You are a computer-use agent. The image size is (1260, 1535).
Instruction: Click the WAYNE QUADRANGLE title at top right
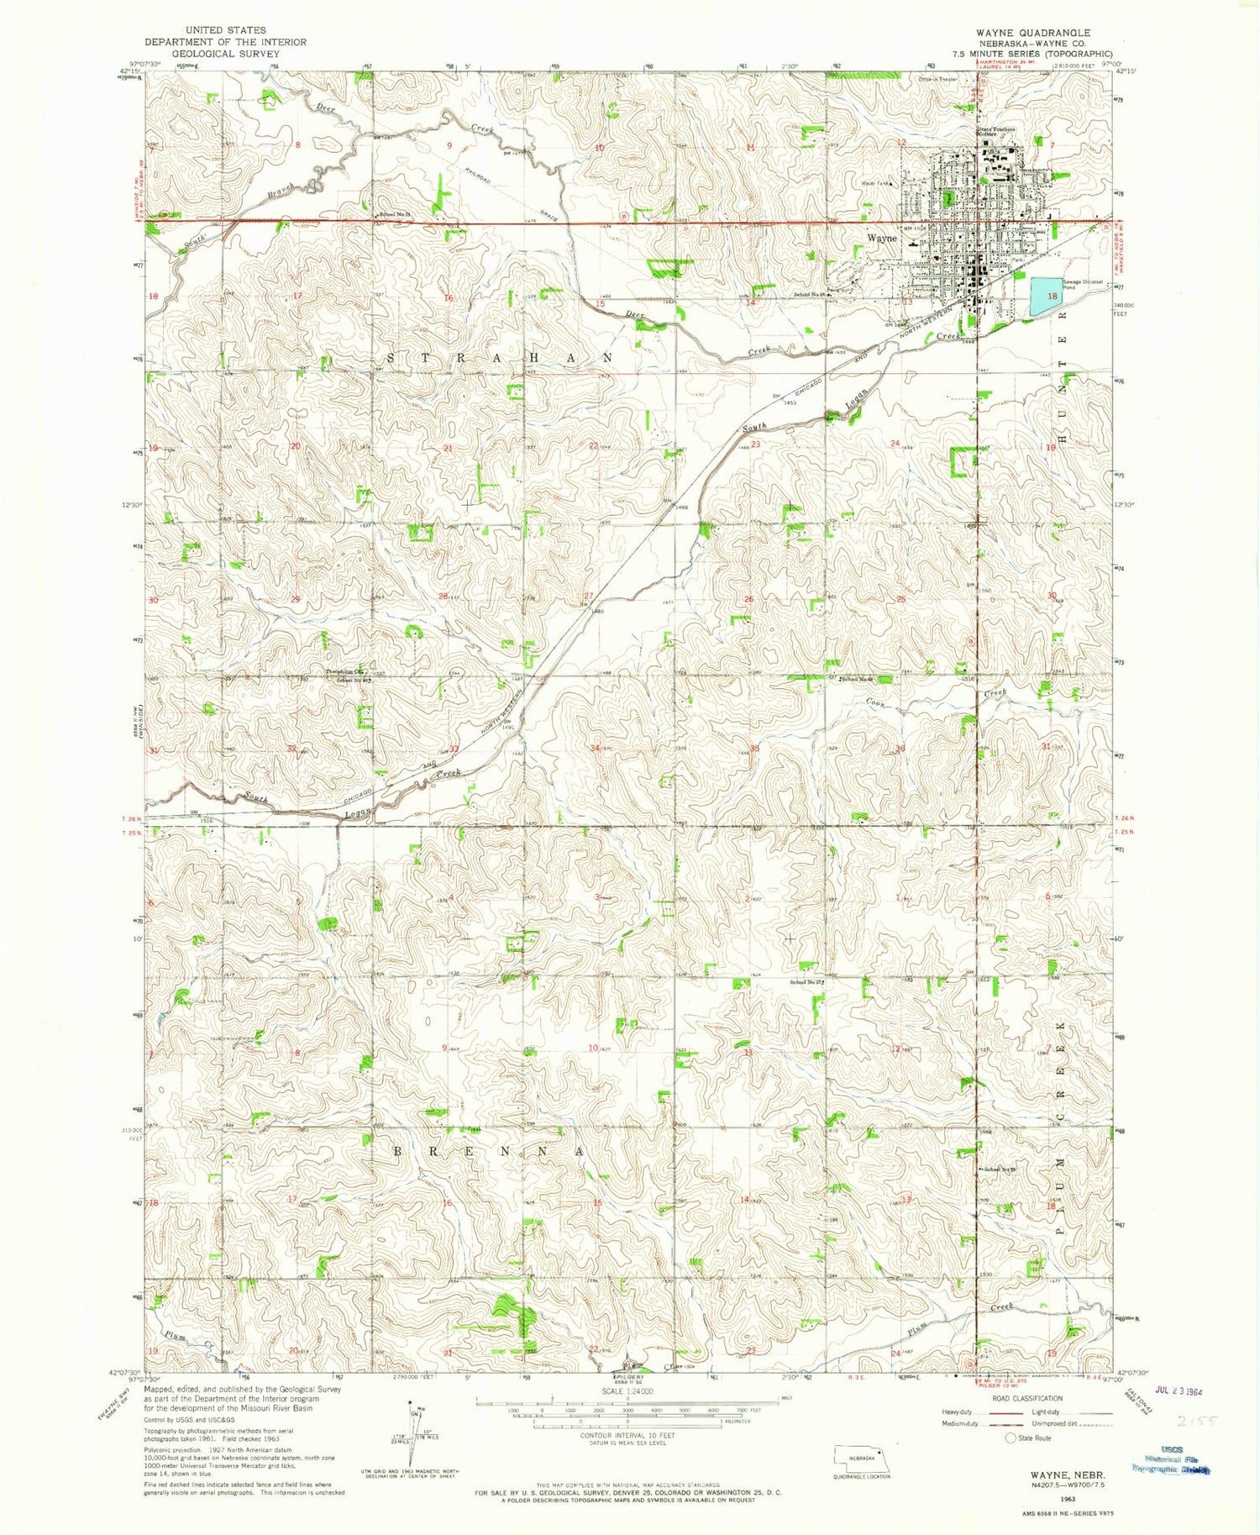click(x=1033, y=33)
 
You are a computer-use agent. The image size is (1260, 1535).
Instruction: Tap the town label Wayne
click(x=881, y=238)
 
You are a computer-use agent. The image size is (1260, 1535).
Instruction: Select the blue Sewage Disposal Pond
click(x=1046, y=295)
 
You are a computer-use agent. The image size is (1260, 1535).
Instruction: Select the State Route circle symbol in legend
click(x=1011, y=1438)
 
